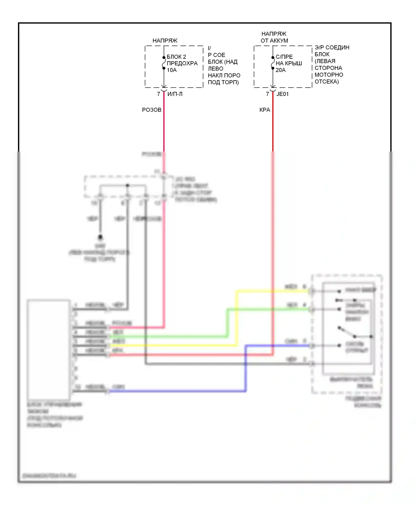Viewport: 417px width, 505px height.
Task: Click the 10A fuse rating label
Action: click(x=172, y=70)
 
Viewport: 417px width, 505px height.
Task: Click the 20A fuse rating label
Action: click(x=281, y=70)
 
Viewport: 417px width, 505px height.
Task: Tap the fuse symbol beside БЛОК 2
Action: click(x=164, y=63)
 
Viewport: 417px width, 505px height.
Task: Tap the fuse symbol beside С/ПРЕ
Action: click(x=273, y=63)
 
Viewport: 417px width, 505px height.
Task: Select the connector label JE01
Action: click(x=282, y=94)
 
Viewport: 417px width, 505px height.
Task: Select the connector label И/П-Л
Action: click(x=175, y=94)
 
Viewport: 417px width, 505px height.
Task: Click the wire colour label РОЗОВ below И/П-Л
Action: click(x=152, y=110)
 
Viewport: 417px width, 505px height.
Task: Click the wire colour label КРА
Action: click(x=265, y=110)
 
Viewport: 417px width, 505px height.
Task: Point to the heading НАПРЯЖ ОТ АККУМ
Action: click(x=274, y=37)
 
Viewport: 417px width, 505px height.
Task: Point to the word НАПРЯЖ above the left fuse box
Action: click(x=165, y=41)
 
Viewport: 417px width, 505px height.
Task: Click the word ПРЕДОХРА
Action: click(x=182, y=63)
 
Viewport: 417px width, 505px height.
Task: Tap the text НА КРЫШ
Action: click(x=289, y=63)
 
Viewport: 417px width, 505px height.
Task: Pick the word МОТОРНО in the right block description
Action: click(x=329, y=75)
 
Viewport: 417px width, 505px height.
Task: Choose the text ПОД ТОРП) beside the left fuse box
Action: click(x=223, y=82)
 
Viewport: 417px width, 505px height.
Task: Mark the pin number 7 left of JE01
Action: click(x=267, y=94)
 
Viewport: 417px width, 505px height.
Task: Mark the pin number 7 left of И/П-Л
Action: click(x=158, y=94)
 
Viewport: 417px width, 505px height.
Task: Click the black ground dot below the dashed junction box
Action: click(x=100, y=237)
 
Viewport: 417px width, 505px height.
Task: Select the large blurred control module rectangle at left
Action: click(x=48, y=350)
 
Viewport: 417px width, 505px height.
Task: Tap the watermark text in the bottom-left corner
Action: click(x=49, y=476)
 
